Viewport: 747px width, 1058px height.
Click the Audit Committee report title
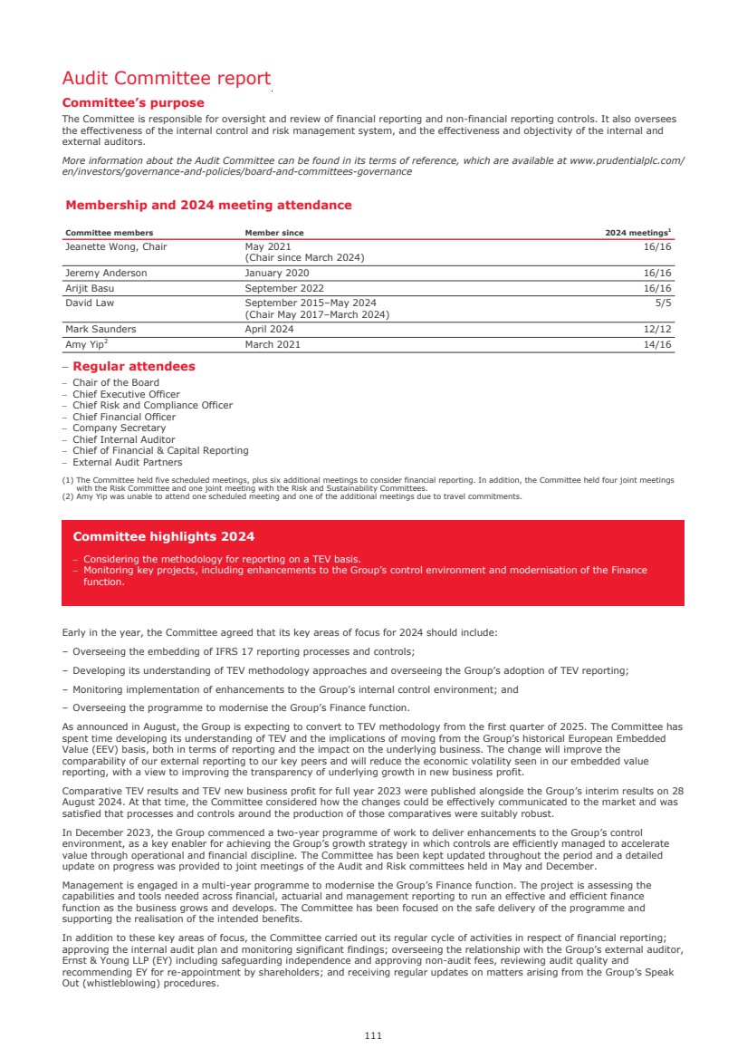click(x=166, y=79)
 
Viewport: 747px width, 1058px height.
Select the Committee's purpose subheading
click(x=133, y=103)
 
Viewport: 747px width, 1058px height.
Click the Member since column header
click(x=274, y=233)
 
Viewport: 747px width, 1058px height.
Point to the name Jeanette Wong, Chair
click(x=116, y=246)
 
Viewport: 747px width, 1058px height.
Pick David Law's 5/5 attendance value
click(x=664, y=303)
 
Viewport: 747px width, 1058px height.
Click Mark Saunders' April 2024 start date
click(x=269, y=330)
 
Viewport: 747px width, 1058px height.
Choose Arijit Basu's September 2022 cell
click(x=285, y=288)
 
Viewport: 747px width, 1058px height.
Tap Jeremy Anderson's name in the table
click(x=106, y=273)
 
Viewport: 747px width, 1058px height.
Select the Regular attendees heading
click(x=134, y=367)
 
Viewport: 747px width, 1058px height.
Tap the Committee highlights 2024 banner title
click(x=164, y=536)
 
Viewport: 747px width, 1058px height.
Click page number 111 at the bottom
click(x=373, y=1035)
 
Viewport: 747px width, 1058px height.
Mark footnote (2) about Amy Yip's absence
click(x=292, y=496)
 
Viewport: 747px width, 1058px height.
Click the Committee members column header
click(x=109, y=233)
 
